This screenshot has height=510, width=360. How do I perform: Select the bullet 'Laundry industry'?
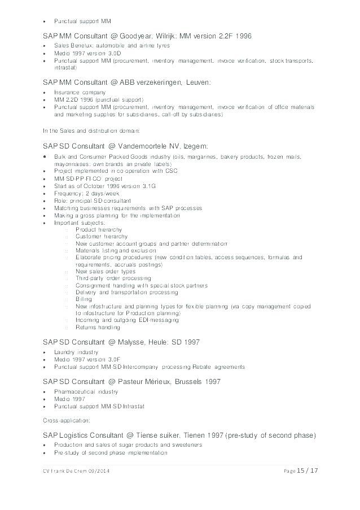(x=77, y=351)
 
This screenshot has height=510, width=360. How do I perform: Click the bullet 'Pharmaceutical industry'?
(x=86, y=391)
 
